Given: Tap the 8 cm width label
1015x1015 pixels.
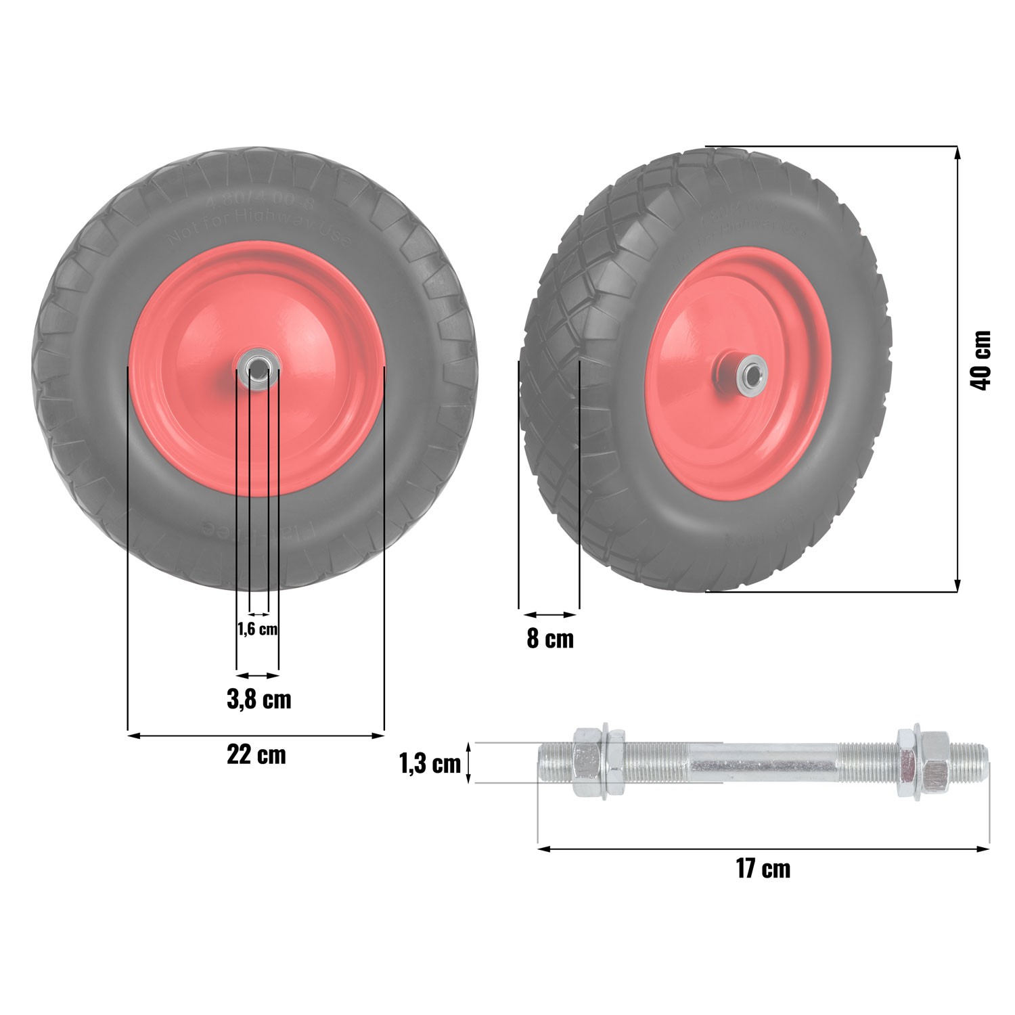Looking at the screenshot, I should [x=549, y=639].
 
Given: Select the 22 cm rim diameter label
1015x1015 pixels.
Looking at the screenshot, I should [x=256, y=754].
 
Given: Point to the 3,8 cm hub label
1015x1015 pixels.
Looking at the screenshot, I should [x=258, y=699].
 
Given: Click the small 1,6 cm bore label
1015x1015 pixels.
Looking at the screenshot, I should [x=257, y=629].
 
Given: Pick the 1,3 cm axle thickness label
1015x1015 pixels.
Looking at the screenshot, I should [x=430, y=763].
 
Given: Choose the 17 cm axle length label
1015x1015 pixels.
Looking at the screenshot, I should [x=763, y=868].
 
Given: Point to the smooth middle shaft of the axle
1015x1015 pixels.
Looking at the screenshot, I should [x=765, y=763].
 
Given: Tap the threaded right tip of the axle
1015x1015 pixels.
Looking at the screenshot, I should [x=971, y=763].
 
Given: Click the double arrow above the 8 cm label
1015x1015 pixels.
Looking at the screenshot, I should [x=549, y=614].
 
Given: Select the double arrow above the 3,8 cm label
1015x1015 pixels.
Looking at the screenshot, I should [x=257, y=675].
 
